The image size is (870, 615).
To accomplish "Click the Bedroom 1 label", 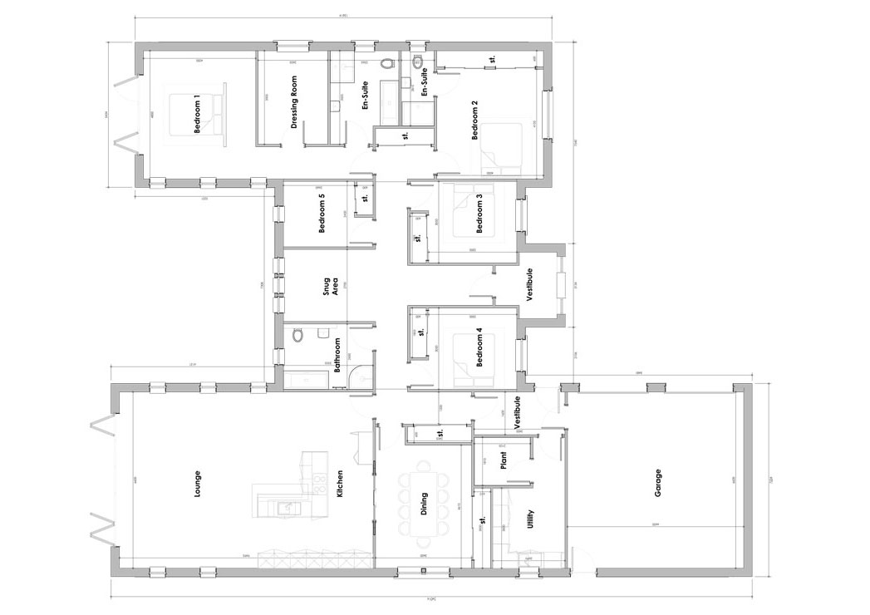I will point(197,115).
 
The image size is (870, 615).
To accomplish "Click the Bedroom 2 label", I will point(474,121).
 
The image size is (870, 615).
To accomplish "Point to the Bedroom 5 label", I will point(322,214).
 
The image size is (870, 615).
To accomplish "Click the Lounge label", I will point(197,486).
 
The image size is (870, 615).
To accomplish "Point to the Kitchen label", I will point(340,486).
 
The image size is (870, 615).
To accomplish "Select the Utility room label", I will point(531,521).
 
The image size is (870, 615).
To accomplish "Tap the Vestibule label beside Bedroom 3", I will point(529,285).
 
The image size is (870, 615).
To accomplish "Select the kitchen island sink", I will point(287,507).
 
